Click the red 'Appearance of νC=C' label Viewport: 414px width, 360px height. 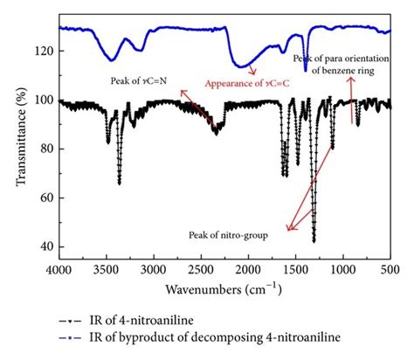[248, 84]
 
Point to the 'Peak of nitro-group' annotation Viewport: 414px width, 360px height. [226, 235]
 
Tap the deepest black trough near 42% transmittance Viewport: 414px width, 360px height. [314, 240]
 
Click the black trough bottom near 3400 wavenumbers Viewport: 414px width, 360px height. [119, 182]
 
